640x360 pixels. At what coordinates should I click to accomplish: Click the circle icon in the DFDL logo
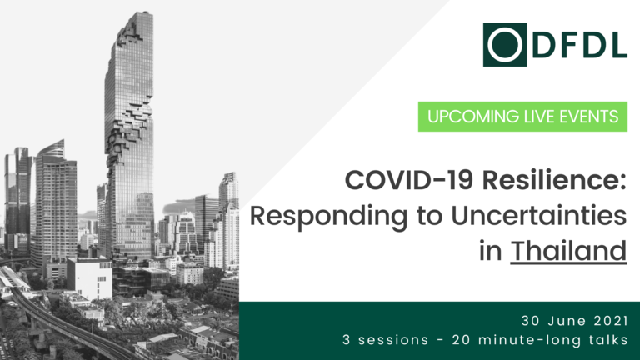point(504,45)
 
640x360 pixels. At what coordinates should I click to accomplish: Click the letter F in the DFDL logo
point(568,45)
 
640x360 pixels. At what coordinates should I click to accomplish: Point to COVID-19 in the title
point(409,180)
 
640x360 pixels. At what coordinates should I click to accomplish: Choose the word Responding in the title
point(328,217)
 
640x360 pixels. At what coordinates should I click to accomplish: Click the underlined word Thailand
point(568,250)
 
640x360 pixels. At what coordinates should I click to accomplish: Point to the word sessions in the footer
point(393,340)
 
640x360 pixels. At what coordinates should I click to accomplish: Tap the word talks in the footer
point(608,340)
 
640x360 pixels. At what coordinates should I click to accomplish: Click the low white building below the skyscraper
point(90,278)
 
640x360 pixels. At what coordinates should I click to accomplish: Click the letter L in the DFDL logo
point(618,45)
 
